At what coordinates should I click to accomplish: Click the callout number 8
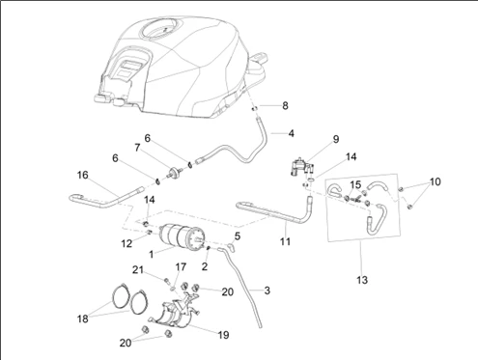(285, 106)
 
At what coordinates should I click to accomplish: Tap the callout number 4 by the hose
(291, 133)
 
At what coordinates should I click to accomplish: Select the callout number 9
(336, 139)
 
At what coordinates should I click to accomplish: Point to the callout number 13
(362, 280)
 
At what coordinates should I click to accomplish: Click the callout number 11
(285, 241)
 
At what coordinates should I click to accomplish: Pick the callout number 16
(83, 175)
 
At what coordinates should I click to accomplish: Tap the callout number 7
(137, 148)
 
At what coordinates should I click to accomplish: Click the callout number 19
(223, 335)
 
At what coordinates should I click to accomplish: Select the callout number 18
(83, 318)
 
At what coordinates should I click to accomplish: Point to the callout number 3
(267, 291)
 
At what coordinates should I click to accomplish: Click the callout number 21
(138, 269)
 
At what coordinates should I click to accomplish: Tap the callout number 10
(435, 181)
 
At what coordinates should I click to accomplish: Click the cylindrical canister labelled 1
(181, 237)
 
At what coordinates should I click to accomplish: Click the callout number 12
(127, 243)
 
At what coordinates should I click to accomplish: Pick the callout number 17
(181, 267)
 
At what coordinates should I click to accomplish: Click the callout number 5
(238, 236)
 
